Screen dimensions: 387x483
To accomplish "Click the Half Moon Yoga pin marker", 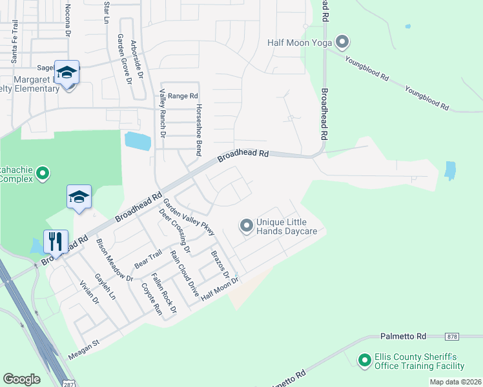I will (342, 43).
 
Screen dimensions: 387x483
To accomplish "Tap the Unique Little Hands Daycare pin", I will (246, 226).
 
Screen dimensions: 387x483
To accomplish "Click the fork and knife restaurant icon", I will (54, 242).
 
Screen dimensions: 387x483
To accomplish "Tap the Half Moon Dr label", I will (220, 288).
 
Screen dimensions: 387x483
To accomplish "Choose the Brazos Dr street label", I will (220, 265).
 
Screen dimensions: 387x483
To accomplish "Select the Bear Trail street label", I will (148, 261).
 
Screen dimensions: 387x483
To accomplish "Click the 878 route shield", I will (453, 337).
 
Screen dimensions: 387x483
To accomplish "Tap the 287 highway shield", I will (69, 383).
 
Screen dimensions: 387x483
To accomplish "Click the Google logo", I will (21, 379).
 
